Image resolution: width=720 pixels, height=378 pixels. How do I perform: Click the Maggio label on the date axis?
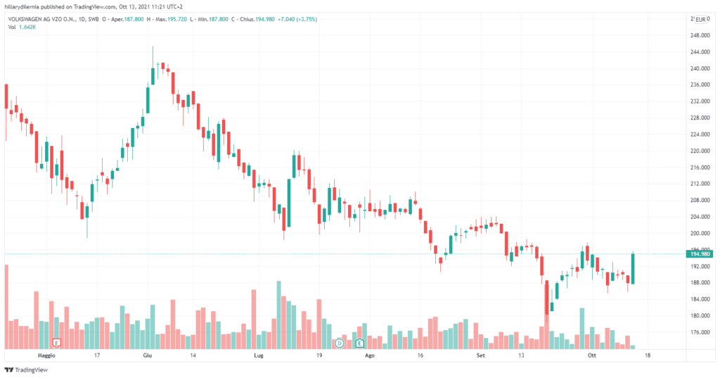(x=46, y=356)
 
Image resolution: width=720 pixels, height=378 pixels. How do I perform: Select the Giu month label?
(x=148, y=356)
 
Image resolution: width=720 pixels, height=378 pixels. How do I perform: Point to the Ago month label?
(x=371, y=356)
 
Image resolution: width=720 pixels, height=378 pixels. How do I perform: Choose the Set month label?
(x=481, y=356)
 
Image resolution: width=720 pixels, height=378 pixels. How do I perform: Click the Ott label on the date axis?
(x=591, y=356)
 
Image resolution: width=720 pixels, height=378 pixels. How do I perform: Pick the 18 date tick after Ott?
(x=647, y=356)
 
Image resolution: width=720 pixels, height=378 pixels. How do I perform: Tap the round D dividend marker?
(x=339, y=343)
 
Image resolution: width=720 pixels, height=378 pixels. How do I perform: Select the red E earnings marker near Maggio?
(x=58, y=343)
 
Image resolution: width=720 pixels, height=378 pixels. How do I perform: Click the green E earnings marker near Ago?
(x=360, y=343)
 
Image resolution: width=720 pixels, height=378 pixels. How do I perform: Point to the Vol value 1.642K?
(x=27, y=27)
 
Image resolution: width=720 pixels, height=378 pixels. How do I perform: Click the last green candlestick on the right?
(x=633, y=268)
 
